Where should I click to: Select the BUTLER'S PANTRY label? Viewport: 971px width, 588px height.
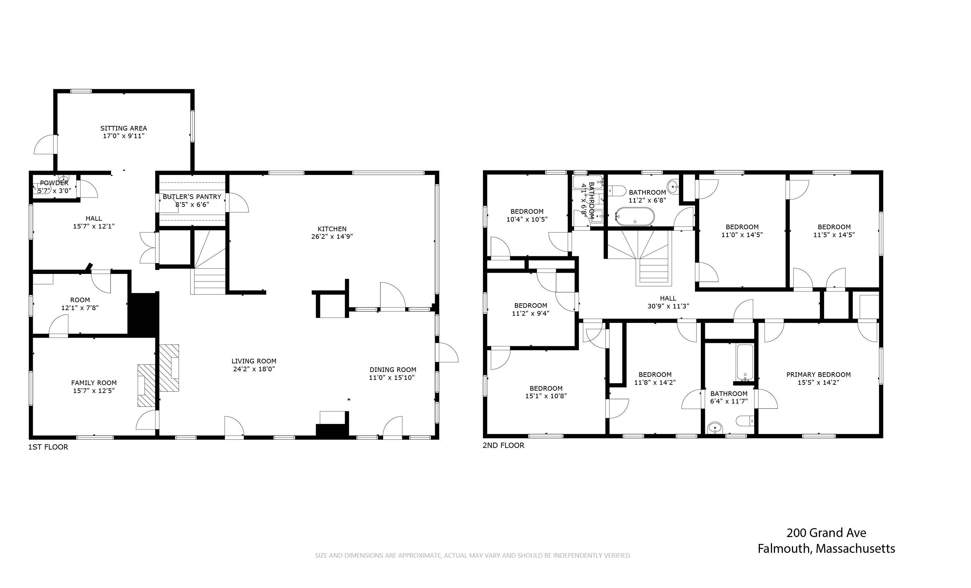pos(192,196)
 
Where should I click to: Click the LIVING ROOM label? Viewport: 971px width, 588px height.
pos(254,361)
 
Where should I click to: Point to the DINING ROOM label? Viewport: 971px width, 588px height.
pos(392,370)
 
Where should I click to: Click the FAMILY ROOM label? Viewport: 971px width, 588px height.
pos(94,382)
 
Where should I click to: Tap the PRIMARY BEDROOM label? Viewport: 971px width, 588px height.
pos(818,374)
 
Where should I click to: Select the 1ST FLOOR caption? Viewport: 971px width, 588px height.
pos(48,447)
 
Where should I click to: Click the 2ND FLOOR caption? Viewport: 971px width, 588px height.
pos(503,445)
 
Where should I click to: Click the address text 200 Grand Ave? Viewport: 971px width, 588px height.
pos(826,533)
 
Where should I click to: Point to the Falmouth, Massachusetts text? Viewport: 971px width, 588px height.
pos(826,549)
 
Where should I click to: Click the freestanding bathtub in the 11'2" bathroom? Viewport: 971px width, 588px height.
pos(635,216)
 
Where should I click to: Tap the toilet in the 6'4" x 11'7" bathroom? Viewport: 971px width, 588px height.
pos(744,421)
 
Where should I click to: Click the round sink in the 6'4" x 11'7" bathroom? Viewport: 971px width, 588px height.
pos(715,428)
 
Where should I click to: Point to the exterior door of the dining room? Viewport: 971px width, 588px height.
pos(448,352)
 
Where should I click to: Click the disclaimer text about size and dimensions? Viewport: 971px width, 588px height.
pos(473,555)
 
